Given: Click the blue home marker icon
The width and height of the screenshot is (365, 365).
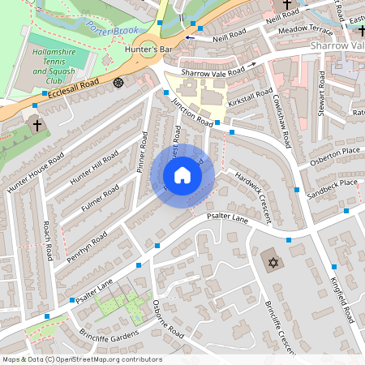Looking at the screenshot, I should (x=182, y=175).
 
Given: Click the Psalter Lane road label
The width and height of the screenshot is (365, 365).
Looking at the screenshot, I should (x=227, y=218).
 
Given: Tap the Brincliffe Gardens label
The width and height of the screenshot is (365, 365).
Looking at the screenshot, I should (x=109, y=333).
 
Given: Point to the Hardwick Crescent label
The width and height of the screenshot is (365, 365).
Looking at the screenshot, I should (x=251, y=186).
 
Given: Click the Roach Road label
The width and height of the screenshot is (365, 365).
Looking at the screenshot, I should (x=48, y=241).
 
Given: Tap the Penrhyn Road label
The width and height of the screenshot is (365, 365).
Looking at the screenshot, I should (x=88, y=241).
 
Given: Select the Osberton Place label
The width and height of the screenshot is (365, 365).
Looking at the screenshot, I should (x=339, y=152).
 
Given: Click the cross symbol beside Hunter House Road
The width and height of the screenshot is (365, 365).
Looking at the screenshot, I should (x=36, y=126).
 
